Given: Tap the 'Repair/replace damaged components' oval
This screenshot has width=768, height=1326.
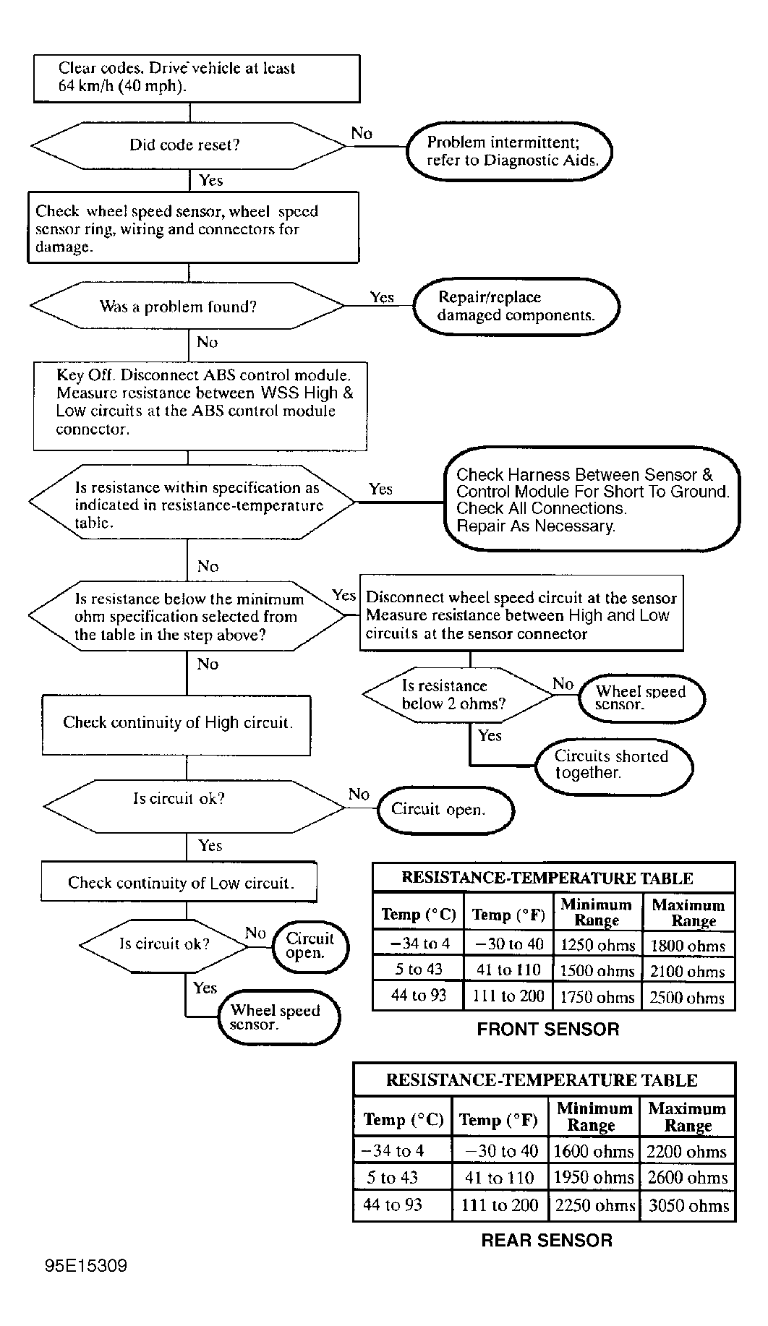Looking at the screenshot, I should click(516, 307).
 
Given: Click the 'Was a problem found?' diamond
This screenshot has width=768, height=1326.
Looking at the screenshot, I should click(187, 307).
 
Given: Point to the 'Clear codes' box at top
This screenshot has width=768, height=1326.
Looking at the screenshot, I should click(196, 78).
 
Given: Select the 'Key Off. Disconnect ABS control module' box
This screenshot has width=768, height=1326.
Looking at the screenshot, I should click(200, 406).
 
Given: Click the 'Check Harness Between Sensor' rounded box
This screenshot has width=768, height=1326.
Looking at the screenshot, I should click(592, 500).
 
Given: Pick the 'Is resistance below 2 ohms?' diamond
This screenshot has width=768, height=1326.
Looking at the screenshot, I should click(457, 694).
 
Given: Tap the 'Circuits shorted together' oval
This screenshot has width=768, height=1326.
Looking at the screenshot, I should click(613, 765).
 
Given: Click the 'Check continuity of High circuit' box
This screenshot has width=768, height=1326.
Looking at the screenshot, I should click(177, 723).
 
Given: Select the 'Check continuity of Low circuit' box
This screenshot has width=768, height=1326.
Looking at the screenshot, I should click(179, 882).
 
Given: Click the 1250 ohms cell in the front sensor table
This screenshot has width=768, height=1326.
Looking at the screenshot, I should click(597, 945).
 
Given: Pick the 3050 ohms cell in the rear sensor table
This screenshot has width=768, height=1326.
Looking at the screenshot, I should click(688, 1206).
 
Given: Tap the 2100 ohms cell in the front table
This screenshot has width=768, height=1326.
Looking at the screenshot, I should click(688, 971).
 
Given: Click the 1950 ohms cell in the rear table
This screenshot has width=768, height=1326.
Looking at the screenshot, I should click(593, 1178).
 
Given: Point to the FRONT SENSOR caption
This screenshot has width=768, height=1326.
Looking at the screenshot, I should click(548, 1030).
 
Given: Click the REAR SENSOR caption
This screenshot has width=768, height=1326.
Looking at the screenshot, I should click(547, 1241).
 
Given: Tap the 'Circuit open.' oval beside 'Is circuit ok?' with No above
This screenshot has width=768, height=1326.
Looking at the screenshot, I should click(445, 810).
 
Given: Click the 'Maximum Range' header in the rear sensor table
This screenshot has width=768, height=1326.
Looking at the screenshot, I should click(687, 1117).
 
